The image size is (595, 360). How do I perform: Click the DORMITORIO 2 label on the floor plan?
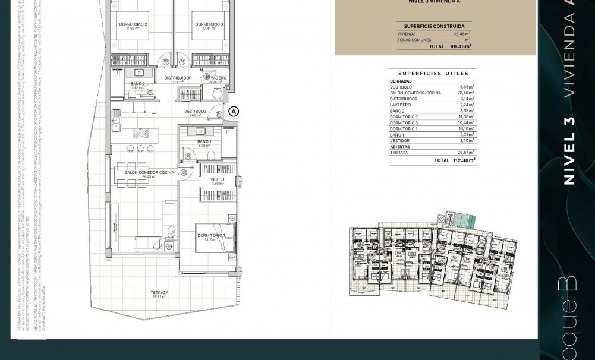point(133,24)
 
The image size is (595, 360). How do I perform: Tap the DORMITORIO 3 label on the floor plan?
point(209,24)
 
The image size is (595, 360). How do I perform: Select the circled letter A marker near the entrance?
point(234,111)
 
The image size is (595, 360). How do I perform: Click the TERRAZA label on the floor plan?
point(159,293)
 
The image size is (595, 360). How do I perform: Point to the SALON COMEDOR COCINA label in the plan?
point(149,173)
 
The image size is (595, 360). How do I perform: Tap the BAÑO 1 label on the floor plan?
point(204,142)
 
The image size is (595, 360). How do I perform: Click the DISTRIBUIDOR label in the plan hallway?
point(178,78)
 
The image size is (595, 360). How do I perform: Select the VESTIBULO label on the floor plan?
point(195,111)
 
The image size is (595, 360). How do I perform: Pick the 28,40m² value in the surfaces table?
point(465,93)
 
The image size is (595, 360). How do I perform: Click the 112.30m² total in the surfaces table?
point(464,160)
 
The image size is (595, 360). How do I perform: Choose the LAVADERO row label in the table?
point(400,105)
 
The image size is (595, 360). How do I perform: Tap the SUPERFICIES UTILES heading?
point(433,74)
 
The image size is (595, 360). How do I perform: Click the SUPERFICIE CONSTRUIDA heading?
point(434,26)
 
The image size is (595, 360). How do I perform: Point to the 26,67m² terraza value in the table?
point(465,153)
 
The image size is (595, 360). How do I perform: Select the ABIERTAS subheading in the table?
point(400,147)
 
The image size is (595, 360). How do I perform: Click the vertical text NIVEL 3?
point(569,151)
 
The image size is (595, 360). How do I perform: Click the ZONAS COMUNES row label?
point(414,40)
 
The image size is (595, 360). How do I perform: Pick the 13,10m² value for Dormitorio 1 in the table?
point(465,129)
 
